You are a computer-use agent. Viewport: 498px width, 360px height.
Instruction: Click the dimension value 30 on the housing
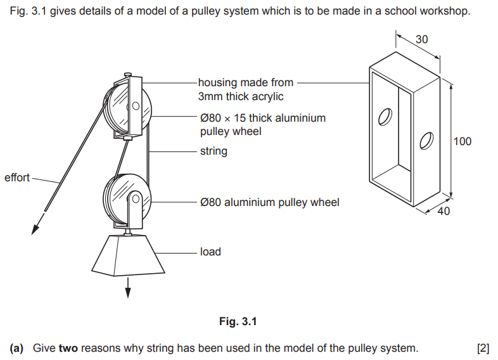coord(421,39)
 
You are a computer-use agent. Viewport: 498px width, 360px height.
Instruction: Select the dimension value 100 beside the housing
coord(463,141)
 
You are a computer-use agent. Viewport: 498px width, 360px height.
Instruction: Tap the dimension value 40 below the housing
coord(444,211)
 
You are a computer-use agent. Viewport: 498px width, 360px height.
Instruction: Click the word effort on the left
coord(17,177)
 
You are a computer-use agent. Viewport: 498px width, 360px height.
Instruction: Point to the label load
coord(210,252)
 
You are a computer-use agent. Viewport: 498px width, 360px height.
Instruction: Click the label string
coord(214,151)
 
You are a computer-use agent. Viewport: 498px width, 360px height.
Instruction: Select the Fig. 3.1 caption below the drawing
coord(238,322)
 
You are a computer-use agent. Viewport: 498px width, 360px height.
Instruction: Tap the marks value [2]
coord(483,348)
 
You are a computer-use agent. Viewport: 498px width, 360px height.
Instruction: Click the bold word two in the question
coord(69,348)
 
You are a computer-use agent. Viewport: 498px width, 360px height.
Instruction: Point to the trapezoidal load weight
coord(129,257)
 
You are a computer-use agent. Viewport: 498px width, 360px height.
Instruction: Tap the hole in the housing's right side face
coord(426,139)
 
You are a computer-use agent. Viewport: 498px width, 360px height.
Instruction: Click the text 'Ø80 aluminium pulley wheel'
coord(269,202)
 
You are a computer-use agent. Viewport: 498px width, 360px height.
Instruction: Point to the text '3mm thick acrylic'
coord(241,96)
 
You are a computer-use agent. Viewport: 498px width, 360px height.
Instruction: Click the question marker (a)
coord(17,348)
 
